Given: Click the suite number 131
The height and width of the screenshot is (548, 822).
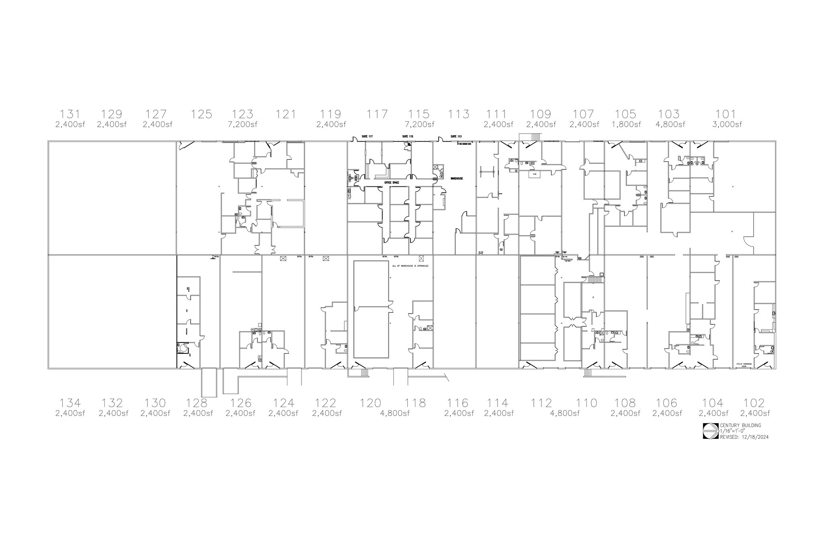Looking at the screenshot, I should [70, 114].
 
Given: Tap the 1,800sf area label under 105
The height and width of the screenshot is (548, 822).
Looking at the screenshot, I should [626, 124].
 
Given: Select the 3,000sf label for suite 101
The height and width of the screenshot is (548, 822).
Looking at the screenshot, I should [727, 124].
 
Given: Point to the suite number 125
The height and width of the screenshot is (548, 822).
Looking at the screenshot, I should [201, 114].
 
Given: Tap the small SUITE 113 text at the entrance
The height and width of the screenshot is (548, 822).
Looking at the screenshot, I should [456, 136].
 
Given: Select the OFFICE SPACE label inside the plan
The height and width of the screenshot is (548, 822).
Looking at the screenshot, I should [392, 183].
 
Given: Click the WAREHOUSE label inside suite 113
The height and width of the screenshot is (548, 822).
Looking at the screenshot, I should [457, 178].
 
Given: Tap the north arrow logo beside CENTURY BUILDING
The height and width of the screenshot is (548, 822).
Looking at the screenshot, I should [710, 431].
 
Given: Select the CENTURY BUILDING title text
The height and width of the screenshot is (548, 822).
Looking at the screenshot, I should [740, 426].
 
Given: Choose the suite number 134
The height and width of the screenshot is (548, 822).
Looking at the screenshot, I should [70, 403].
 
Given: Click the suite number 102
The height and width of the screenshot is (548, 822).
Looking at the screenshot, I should [754, 403].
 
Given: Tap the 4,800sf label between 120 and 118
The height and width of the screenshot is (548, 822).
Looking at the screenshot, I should [395, 414].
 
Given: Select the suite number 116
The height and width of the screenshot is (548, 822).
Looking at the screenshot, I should [458, 403].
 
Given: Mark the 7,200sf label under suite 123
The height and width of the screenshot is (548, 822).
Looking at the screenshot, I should [242, 124].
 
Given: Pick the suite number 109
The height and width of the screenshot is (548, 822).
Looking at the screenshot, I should [541, 114].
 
